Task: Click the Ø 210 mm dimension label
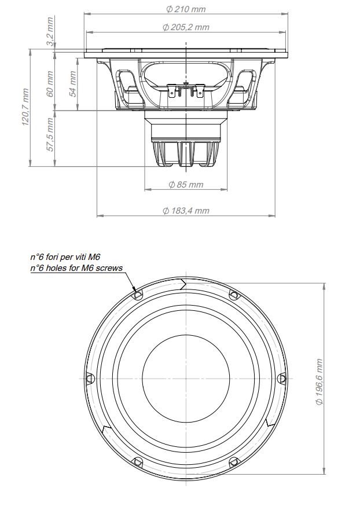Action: click(185, 9)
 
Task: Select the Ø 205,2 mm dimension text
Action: click(186, 27)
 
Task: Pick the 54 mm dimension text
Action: click(73, 83)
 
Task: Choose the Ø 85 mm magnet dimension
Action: click(186, 185)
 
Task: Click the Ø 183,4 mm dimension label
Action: click(186, 211)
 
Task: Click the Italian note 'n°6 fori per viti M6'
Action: click(69, 257)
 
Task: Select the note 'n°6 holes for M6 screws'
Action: click(76, 268)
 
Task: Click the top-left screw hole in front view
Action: click(138, 295)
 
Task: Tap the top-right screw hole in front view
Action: click(234, 295)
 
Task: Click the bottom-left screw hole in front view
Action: click(138, 461)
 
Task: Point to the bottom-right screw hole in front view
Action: click(234, 461)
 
